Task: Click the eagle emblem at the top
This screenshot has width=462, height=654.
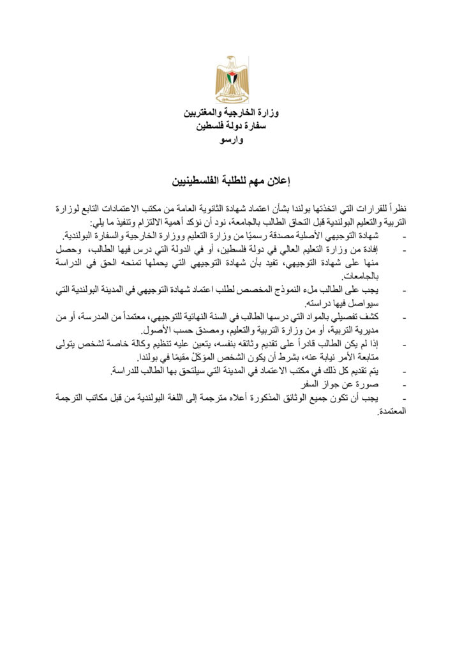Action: [x=232, y=79]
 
